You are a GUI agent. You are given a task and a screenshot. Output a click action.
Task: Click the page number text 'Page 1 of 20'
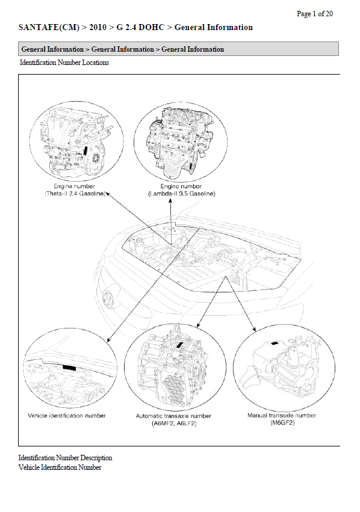[315, 14]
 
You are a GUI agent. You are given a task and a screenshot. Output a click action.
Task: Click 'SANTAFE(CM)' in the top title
[49, 28]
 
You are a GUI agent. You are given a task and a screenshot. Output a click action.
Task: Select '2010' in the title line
[98, 28]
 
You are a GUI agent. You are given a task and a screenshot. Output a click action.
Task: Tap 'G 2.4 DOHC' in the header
[140, 28]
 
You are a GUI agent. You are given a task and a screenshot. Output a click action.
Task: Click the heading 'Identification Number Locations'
[64, 63]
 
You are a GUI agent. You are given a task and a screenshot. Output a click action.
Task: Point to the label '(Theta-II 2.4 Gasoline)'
[75, 194]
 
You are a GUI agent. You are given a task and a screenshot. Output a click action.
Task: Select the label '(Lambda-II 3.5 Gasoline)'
[182, 194]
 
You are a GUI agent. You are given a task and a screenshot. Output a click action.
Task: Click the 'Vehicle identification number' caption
[67, 416]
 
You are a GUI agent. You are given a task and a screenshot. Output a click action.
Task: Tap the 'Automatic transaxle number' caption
[173, 416]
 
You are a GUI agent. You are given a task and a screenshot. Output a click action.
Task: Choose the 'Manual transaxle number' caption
[282, 415]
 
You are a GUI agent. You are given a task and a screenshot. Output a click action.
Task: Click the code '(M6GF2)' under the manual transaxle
[282, 423]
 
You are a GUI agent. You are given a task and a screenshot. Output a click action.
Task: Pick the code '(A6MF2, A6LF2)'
[174, 424]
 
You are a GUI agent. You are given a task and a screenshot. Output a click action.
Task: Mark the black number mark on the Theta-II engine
[85, 152]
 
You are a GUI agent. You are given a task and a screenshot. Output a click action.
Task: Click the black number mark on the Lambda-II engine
[191, 165]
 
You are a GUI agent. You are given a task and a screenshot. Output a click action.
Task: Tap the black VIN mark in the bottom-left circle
[69, 368]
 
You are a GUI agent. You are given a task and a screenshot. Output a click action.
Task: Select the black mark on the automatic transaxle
[179, 345]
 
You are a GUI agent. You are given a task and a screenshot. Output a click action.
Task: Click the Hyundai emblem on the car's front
[108, 299]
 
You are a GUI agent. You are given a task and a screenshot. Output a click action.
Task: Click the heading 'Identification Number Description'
[66, 458]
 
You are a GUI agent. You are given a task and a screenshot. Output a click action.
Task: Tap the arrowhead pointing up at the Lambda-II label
[170, 201]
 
